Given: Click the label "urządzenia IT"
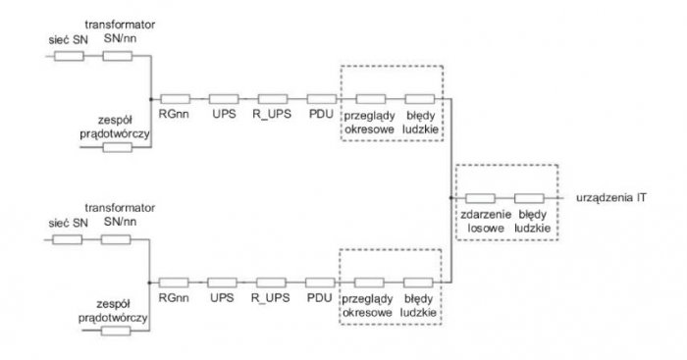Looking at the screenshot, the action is pos(610,197).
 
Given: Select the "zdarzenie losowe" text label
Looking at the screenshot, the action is pos(486,221).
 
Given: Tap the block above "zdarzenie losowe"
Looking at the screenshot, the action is pos(480,198).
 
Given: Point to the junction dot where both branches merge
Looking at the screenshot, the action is pos(450,198).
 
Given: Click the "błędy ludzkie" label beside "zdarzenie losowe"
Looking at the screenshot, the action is pos(532,221).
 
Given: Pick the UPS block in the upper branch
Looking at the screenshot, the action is pos(224,99).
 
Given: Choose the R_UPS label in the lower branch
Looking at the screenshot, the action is pos(270,298).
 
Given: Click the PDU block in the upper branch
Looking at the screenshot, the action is pos(322,99).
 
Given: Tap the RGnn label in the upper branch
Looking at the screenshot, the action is pos(174,114).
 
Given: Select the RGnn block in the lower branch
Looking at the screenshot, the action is pos(174,283).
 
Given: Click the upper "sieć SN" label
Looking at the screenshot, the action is pos(68,40).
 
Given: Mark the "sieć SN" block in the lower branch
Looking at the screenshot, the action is pos(67,239).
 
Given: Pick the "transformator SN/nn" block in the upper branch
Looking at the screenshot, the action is pos(118,56).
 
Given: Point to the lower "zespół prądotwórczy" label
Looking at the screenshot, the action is pos(113,311).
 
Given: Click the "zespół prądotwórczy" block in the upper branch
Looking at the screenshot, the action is pos(118,147).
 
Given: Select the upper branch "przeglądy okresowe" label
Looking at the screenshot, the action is pos(369,123).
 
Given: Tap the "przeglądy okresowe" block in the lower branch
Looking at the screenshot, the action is pos(369,283).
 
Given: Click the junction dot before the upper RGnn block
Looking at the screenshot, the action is pos(151,99).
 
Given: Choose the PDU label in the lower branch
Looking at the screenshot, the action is pos(319,298).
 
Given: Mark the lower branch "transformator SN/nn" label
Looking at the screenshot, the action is pos(120,215).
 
